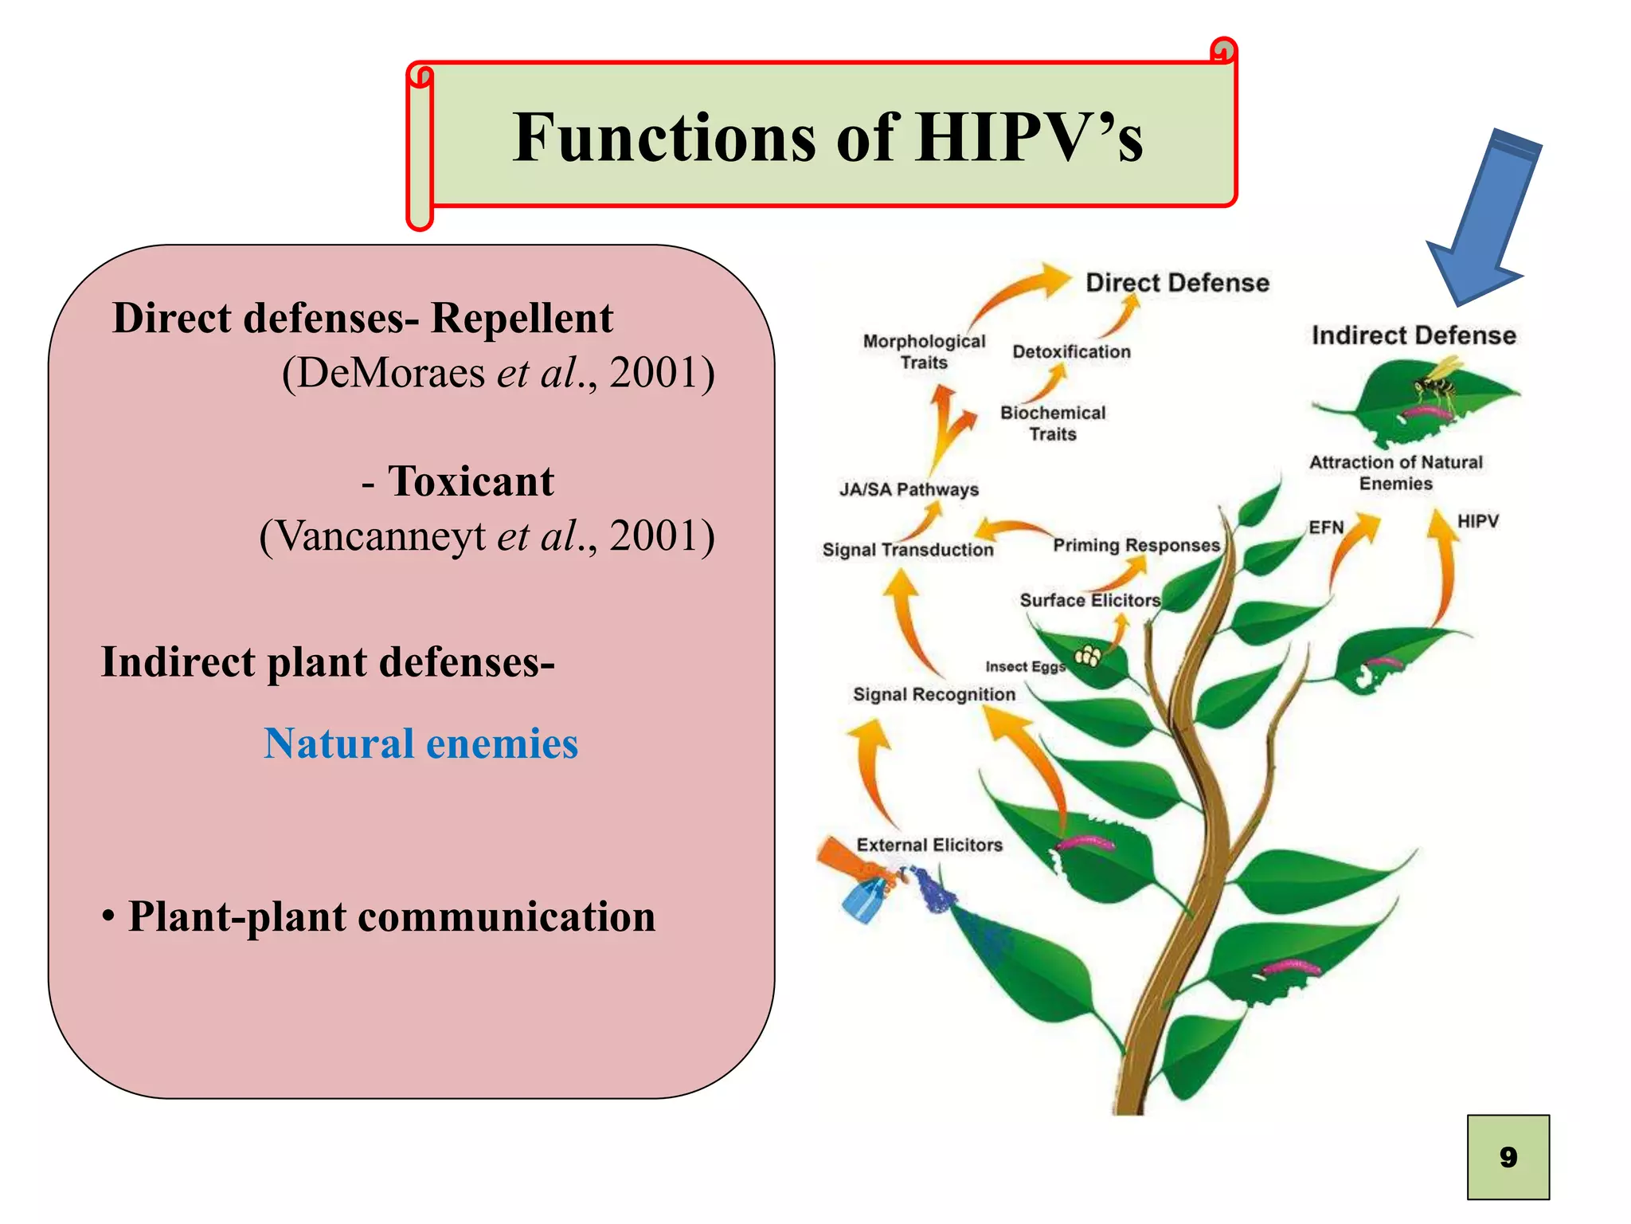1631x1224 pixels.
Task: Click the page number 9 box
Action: tap(1508, 1156)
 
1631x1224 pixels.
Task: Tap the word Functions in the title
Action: tap(665, 138)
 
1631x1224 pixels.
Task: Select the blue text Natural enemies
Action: tap(420, 743)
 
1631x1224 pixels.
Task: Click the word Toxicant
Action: tap(471, 481)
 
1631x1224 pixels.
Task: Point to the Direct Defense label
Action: tap(1177, 283)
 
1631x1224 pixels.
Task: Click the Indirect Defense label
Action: tap(1413, 335)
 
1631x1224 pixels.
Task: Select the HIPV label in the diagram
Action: tap(1477, 521)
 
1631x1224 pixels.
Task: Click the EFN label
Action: tap(1326, 528)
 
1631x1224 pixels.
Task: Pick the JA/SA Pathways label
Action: tap(909, 489)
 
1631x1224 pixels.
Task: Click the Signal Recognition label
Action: tap(934, 694)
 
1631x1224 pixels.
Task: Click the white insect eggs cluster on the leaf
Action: tap(1088, 657)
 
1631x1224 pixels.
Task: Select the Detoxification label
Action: tap(1071, 351)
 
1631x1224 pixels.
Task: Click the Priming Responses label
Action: tap(1136, 545)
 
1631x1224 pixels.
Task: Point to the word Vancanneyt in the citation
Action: tap(382, 535)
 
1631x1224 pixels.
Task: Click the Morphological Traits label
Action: tap(924, 351)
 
